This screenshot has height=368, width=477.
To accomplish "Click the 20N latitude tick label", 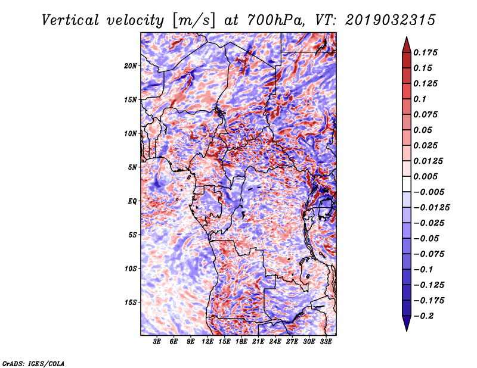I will click(x=131, y=66).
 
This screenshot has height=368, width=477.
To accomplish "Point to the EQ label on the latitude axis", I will click(x=132, y=201).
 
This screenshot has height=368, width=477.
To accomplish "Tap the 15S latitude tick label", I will click(x=131, y=302).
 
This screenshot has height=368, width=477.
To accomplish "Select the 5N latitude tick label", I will click(x=132, y=167).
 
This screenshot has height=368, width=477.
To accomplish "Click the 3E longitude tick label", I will click(x=157, y=342).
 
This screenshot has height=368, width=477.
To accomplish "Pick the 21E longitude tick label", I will click(x=258, y=342).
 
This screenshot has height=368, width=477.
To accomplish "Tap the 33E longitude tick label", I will click(x=326, y=342).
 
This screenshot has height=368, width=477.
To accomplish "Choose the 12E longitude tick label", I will click(x=207, y=342).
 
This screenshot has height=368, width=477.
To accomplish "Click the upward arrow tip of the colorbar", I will click(x=405, y=38).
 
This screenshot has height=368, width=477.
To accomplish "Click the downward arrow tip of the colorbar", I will click(x=405, y=329).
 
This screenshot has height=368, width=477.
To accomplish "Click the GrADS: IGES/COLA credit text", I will click(x=33, y=363).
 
